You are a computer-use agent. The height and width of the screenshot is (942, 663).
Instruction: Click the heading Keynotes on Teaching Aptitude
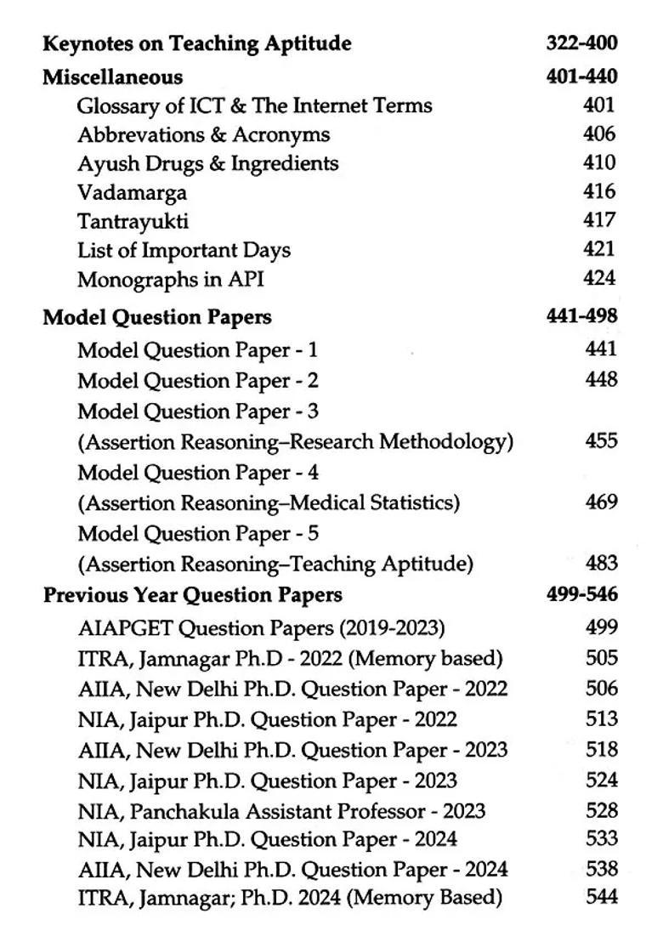click(196, 43)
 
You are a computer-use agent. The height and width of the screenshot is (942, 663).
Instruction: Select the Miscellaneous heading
click(112, 77)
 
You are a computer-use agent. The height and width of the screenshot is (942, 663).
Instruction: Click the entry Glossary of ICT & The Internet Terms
click(254, 105)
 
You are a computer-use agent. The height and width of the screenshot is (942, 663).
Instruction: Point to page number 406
click(599, 133)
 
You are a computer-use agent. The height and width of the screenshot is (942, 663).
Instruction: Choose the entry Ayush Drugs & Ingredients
click(207, 163)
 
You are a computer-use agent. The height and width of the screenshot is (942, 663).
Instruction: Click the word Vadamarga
click(132, 192)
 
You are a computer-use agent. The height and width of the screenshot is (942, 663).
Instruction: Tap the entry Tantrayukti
click(133, 221)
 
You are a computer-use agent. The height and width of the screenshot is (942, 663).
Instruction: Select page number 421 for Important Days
click(599, 249)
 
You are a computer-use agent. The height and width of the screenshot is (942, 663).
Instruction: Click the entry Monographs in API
click(170, 279)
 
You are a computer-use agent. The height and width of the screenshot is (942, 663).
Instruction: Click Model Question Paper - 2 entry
click(197, 380)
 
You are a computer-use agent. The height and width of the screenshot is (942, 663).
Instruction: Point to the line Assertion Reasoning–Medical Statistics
click(269, 502)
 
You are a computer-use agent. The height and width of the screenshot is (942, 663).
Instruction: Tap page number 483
click(601, 563)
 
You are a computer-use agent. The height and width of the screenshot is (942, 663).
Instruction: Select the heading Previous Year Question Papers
click(192, 594)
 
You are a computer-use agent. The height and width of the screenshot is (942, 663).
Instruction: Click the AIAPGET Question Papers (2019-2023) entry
click(261, 627)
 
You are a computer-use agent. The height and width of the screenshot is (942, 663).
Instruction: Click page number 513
click(601, 719)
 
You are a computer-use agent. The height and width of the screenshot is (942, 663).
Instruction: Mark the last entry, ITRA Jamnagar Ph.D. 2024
click(289, 897)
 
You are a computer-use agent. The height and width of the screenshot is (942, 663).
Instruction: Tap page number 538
click(601, 868)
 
